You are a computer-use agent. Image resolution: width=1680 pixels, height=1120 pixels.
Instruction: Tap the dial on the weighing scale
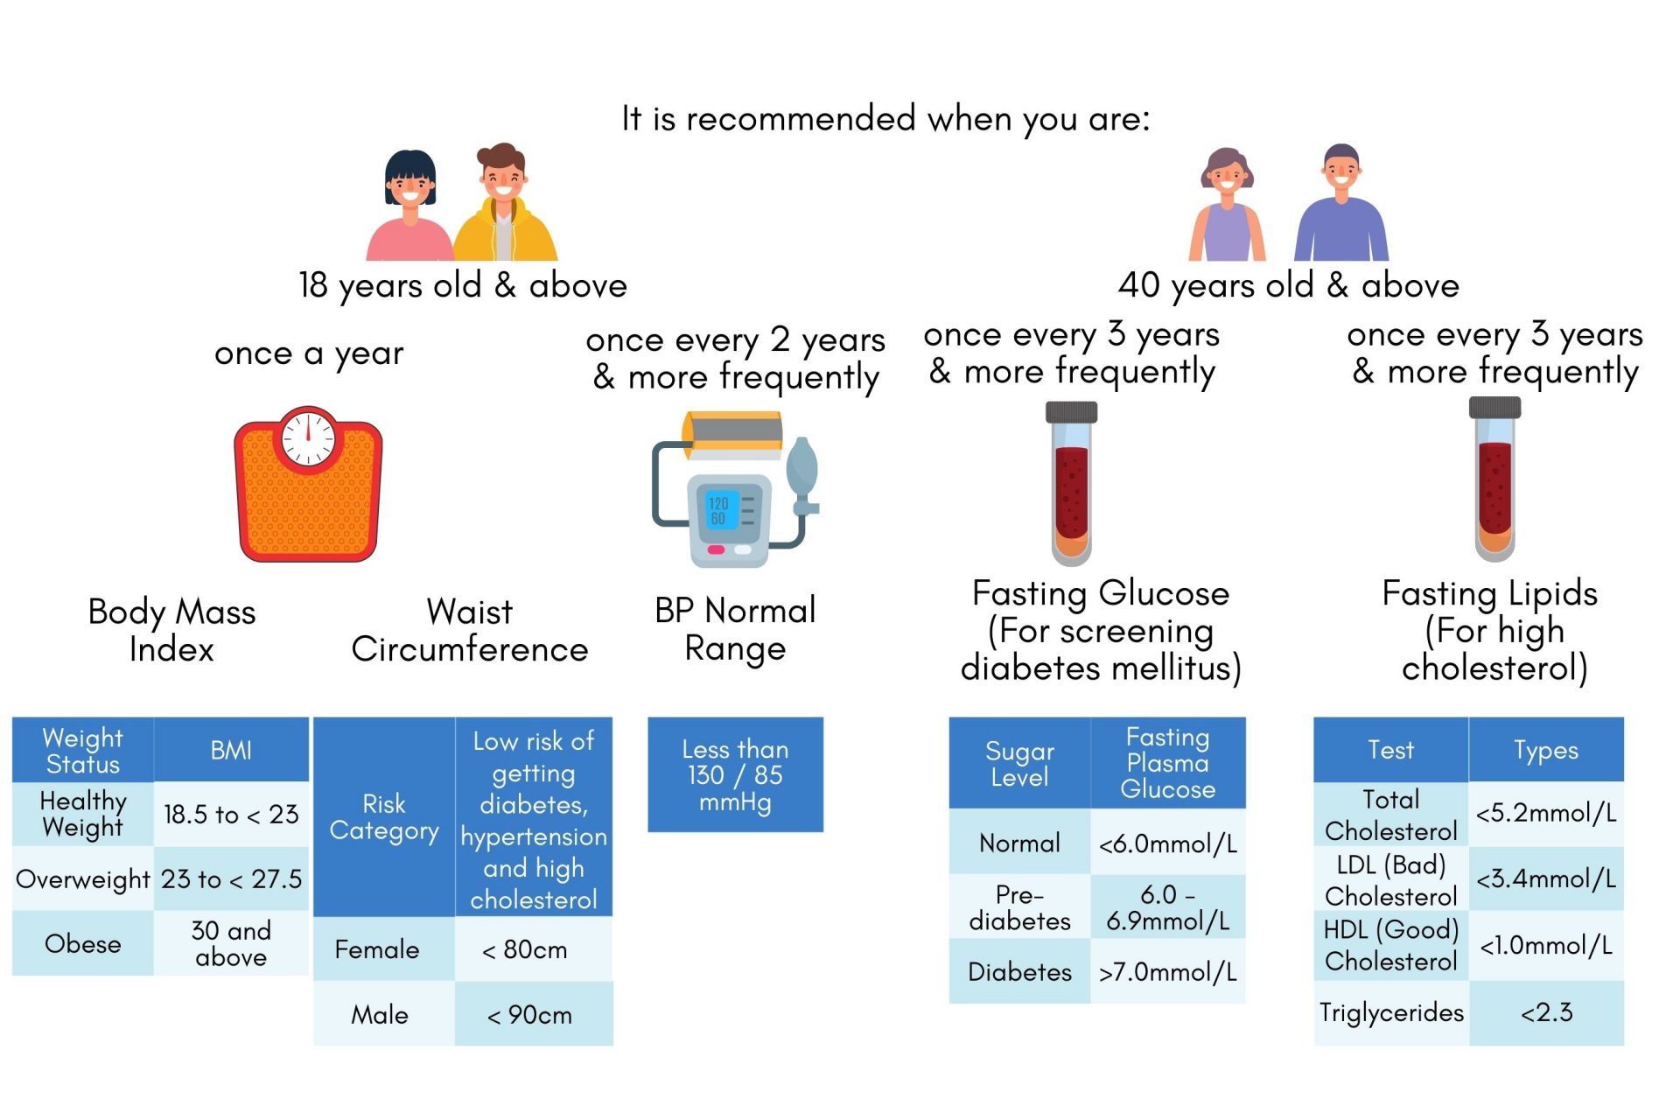pos(308,435)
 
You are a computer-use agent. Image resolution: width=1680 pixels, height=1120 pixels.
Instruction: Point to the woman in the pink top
pos(409,210)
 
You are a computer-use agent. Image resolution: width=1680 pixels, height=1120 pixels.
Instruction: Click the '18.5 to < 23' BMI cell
pos(231,815)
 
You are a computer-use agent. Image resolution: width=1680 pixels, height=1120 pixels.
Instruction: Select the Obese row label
pos(83,943)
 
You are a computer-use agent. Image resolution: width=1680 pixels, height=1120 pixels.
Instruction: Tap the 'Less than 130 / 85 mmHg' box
pos(735,774)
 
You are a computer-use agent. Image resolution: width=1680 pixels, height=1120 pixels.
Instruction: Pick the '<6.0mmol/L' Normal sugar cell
pos(1167,843)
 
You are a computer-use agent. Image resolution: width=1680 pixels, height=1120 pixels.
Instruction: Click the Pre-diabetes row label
pos(1019,907)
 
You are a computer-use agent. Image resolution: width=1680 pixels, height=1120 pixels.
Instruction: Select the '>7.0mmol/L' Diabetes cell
pos(1167,971)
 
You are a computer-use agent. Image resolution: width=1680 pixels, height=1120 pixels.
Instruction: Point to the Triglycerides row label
pos(1391,1012)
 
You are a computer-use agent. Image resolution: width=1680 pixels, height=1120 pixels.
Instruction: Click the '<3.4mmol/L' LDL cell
pos(1546,878)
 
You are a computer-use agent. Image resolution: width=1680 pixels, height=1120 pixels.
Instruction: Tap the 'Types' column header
pos(1546,750)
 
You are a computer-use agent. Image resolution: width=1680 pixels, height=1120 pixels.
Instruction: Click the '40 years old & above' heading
pos(1288,285)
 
